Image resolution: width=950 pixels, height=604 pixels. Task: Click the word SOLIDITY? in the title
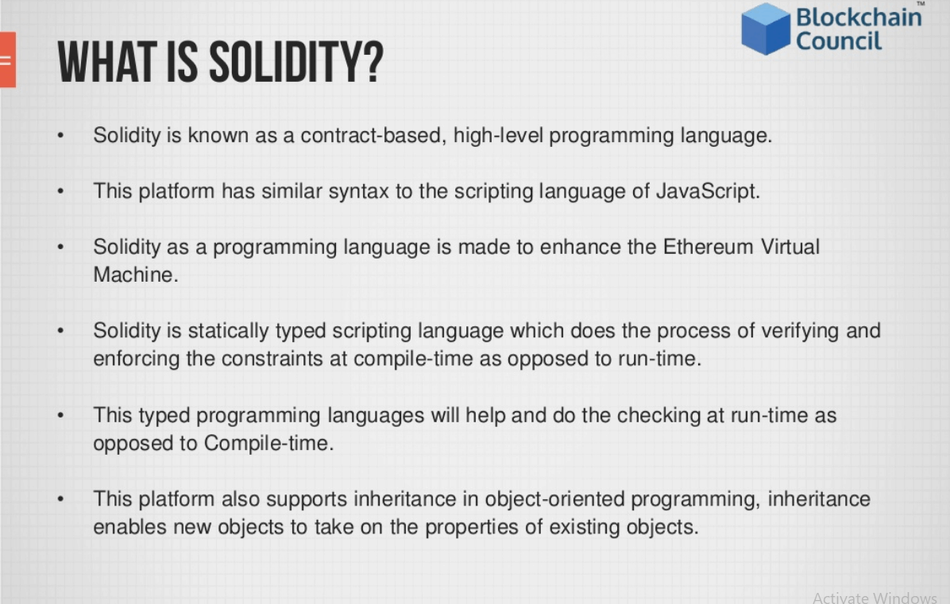tap(296, 63)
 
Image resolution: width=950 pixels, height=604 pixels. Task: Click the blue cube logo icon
tap(766, 29)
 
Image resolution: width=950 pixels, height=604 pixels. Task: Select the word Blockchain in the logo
tap(859, 17)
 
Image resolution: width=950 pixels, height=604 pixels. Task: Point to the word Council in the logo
tap(839, 41)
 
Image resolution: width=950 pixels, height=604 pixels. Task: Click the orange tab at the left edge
tap(8, 60)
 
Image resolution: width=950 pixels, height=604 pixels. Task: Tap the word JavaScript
tap(708, 191)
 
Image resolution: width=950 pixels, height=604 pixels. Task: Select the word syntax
tap(359, 191)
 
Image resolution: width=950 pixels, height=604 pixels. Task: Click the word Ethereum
tap(708, 247)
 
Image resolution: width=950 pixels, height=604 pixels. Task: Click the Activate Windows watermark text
tap(875, 598)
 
